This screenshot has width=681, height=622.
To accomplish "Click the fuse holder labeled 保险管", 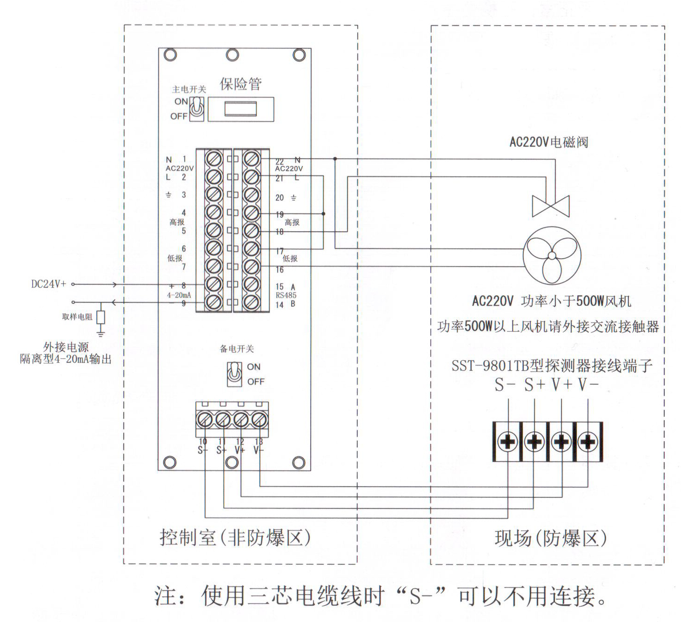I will click(240, 109).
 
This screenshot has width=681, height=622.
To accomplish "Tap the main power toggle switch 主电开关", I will click(198, 108).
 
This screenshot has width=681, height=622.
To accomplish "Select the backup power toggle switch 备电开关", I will click(234, 374).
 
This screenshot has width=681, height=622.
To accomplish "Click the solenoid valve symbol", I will click(551, 206).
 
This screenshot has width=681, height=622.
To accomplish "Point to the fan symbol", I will click(551, 255).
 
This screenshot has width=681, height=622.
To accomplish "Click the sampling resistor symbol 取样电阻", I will click(100, 317).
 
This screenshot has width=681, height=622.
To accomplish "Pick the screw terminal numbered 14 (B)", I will click(251, 302).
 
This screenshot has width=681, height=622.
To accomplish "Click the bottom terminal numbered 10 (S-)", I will click(204, 420).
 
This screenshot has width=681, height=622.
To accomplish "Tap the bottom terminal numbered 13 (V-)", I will click(259, 420).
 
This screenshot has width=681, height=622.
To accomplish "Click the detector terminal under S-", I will click(507, 441).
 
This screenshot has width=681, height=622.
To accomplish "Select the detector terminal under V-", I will click(588, 441).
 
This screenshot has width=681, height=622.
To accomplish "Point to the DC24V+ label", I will click(49, 284).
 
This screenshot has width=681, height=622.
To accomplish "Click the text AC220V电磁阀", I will click(549, 142).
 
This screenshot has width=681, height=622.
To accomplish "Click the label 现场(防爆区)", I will click(550, 538).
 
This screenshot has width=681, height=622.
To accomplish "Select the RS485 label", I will click(286, 295).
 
